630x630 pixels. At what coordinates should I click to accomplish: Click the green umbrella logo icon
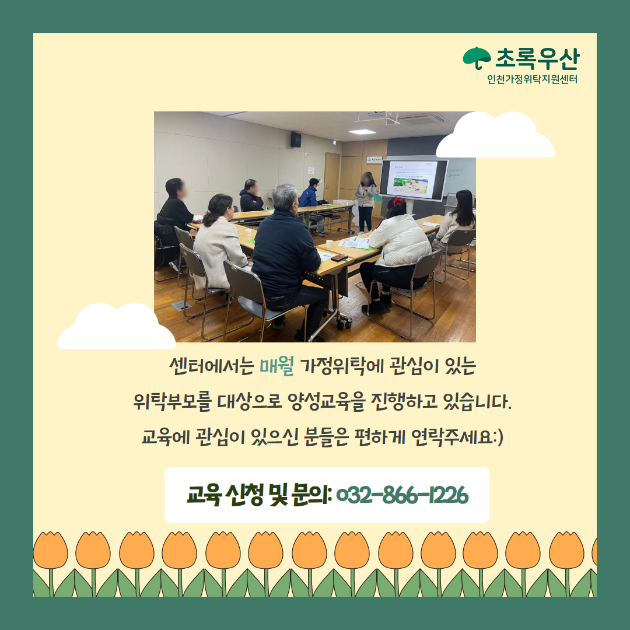(477, 57)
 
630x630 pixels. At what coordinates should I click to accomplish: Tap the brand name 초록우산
(537, 59)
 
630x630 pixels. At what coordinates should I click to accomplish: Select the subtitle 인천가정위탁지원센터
(533, 79)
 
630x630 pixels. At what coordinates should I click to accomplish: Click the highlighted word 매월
(277, 366)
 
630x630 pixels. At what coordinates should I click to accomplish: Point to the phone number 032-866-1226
(402, 495)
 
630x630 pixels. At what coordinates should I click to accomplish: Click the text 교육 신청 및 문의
(258, 495)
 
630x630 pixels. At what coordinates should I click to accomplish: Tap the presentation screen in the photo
(414, 179)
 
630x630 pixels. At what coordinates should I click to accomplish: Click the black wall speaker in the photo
(296, 139)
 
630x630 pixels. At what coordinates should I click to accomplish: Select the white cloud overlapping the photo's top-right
(495, 135)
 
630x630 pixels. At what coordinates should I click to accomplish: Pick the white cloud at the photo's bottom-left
(117, 326)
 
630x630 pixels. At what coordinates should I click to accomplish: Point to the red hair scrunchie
(398, 202)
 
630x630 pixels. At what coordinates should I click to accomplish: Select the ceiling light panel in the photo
(362, 132)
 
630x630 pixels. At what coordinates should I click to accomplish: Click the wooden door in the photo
(332, 177)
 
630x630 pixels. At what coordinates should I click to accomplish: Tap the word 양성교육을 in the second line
(326, 401)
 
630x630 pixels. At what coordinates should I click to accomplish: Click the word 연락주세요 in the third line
(452, 437)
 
